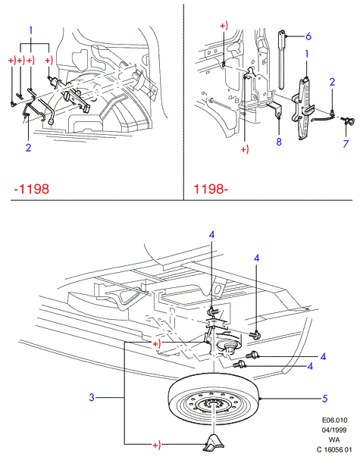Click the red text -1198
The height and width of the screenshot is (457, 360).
click(32, 189)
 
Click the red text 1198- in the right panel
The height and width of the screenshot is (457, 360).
click(211, 189)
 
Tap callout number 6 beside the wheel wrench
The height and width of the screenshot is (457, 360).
click(308, 36)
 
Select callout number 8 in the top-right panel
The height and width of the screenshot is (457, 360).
click(279, 142)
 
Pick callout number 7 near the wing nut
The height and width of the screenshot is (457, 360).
click(346, 143)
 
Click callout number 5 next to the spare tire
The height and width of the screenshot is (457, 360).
click(324, 398)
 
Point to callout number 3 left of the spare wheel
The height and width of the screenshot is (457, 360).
click(92, 397)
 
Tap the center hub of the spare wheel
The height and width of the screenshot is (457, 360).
click(214, 405)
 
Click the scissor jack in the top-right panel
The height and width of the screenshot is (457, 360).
click(304, 108)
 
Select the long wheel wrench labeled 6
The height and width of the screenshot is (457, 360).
click(282, 59)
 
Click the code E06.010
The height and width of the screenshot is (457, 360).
click(335, 420)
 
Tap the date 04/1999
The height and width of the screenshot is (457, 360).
click(334, 430)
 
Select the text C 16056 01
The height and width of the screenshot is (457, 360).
click(335, 449)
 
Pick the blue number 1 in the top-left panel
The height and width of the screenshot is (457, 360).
click(31, 30)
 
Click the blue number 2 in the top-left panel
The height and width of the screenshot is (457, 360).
click(28, 148)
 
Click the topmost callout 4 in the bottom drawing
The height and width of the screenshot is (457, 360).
click(211, 235)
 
